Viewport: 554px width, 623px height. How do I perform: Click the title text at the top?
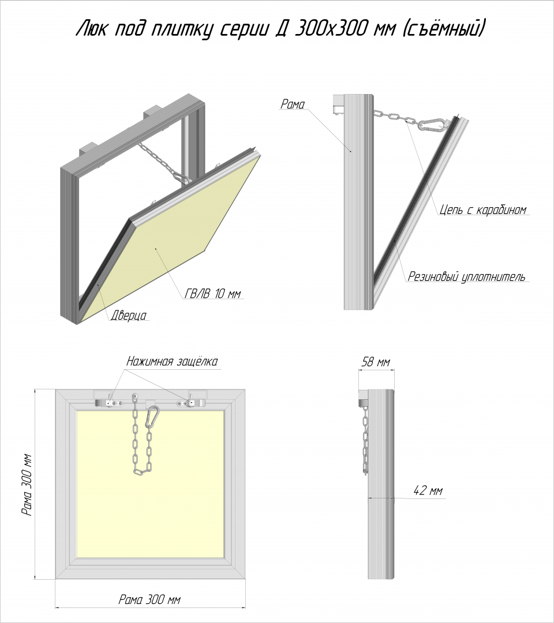tap(280, 29)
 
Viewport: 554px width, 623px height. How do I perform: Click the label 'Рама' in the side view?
tap(293, 104)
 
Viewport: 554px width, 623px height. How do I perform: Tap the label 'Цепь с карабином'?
tap(483, 210)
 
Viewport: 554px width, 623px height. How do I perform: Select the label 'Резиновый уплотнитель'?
tap(466, 276)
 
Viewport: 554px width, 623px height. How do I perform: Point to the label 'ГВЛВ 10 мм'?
tap(213, 294)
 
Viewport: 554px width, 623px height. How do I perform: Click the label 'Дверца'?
tap(128, 316)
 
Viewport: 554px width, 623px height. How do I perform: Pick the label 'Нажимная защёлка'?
tap(172, 362)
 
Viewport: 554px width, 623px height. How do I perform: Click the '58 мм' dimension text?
tap(376, 362)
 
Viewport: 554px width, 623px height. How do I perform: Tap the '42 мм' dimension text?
tap(428, 491)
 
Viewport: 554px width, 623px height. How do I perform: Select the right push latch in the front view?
tap(192, 401)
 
